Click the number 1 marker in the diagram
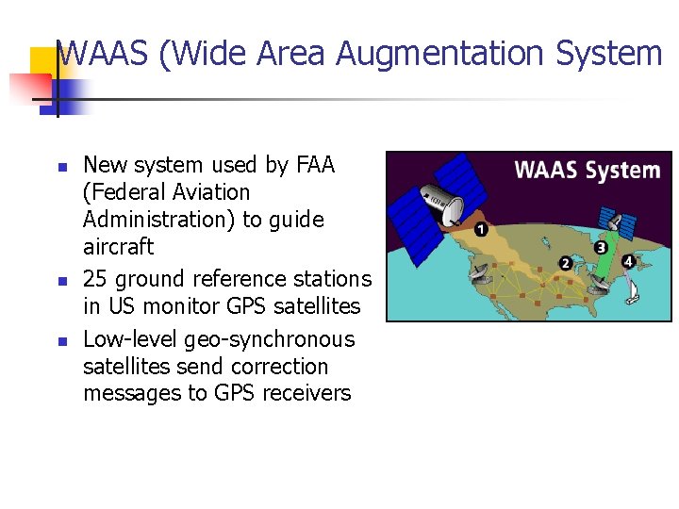[481, 229]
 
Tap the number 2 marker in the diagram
[565, 263]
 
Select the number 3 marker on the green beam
[601, 248]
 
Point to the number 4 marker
[628, 261]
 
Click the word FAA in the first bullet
[315, 165]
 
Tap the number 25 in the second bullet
[95, 280]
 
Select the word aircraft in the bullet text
[119, 247]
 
